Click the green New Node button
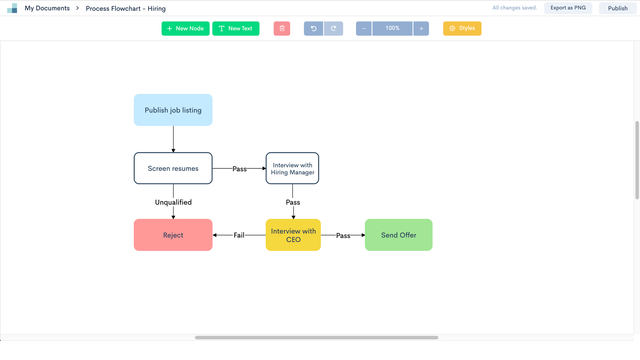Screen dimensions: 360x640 [185, 28]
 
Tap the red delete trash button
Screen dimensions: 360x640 [282, 28]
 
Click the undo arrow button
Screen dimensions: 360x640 [313, 28]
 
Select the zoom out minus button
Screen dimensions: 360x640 [364, 28]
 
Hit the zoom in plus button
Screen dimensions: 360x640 [421, 28]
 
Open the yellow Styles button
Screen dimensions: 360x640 [462, 28]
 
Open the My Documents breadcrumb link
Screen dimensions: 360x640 [47, 8]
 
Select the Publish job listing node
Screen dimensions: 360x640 [173, 110]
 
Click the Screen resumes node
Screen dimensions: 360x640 [173, 168]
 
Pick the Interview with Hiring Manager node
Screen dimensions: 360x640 [292, 168]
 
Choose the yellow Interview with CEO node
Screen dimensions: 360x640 [292, 235]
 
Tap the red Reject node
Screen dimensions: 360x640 [173, 235]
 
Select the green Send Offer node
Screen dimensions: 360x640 [398, 235]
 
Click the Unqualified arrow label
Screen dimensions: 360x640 [173, 202]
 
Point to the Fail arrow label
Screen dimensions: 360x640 [239, 235]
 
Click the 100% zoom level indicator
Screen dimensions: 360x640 [392, 28]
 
